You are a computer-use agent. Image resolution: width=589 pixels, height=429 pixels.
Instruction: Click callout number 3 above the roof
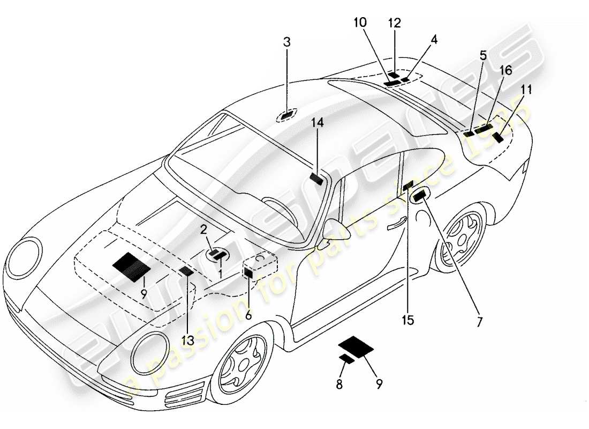click(x=287, y=42)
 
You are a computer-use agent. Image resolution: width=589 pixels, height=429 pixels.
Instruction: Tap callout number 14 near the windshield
click(x=317, y=123)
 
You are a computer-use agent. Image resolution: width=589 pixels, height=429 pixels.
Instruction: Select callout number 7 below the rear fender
click(x=479, y=322)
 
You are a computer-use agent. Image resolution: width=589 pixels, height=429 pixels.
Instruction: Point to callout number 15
click(x=407, y=320)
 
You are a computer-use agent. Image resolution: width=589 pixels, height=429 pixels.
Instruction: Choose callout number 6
click(x=248, y=316)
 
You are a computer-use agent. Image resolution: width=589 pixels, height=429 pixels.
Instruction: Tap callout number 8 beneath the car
click(x=340, y=383)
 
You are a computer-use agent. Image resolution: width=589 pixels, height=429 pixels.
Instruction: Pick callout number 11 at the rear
click(x=526, y=89)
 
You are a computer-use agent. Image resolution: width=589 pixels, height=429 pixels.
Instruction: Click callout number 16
click(x=505, y=70)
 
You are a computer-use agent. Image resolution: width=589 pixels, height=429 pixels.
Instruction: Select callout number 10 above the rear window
click(x=360, y=23)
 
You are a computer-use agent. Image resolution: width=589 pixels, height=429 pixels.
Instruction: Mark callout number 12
click(x=394, y=23)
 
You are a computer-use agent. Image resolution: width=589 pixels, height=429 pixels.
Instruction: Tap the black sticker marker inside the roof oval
click(x=288, y=114)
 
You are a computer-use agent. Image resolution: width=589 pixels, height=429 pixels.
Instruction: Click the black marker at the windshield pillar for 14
click(x=317, y=179)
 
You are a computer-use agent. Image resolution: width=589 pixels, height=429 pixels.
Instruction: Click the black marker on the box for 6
click(x=248, y=272)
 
